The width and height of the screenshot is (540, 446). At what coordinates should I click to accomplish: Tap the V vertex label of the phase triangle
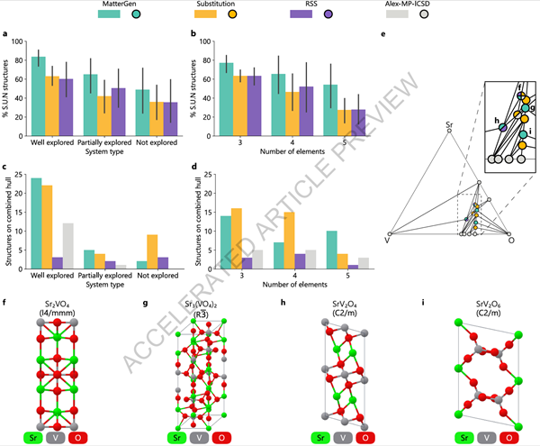[x=387, y=241]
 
